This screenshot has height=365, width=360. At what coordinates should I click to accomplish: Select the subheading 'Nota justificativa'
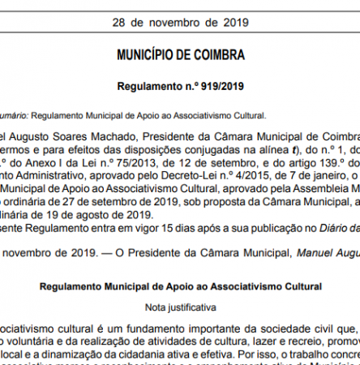pos(180,307)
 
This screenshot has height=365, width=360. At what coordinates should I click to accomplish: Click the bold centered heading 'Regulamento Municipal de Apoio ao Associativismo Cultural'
pos(180,287)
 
